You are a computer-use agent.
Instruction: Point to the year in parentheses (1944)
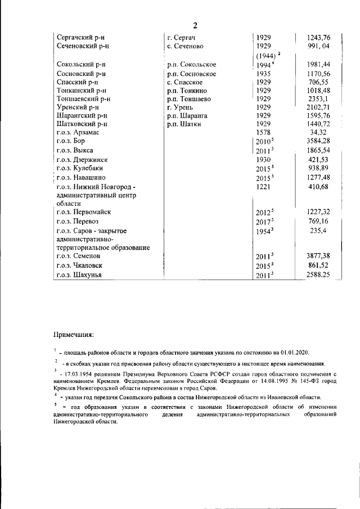coord(266,55)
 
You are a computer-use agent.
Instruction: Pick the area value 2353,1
coord(320,98)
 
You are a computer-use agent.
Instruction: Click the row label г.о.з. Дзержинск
coord(82,160)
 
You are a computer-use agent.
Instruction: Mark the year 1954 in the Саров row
coord(263,231)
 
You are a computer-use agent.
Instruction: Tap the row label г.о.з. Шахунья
coord(80,274)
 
